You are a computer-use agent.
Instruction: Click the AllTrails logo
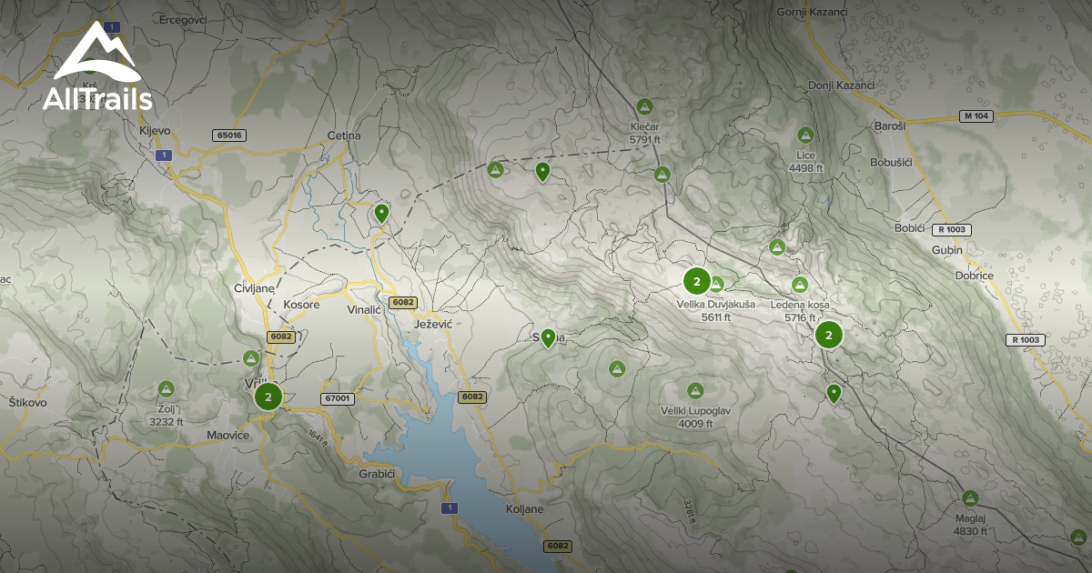[96, 67]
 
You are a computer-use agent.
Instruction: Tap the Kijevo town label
[155, 131]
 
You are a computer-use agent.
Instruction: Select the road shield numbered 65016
[229, 135]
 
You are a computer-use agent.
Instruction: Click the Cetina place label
[344, 136]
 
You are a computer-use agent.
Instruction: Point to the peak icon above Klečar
[645, 106]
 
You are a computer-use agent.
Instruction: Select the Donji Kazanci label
[841, 85]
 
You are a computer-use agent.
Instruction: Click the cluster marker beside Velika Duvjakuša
[696, 281]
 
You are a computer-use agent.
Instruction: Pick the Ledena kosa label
[800, 305]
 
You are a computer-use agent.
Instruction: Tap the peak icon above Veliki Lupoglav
[695, 390]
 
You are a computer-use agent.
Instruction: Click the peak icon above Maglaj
[970, 498]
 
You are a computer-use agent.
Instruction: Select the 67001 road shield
[337, 398]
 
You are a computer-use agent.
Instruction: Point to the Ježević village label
[432, 324]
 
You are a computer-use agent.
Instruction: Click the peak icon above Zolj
[166, 389]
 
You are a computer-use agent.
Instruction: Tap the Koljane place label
[524, 509]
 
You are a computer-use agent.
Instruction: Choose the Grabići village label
[377, 474]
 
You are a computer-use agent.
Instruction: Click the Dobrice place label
[974, 275]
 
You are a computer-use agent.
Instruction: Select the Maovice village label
[227, 435]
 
